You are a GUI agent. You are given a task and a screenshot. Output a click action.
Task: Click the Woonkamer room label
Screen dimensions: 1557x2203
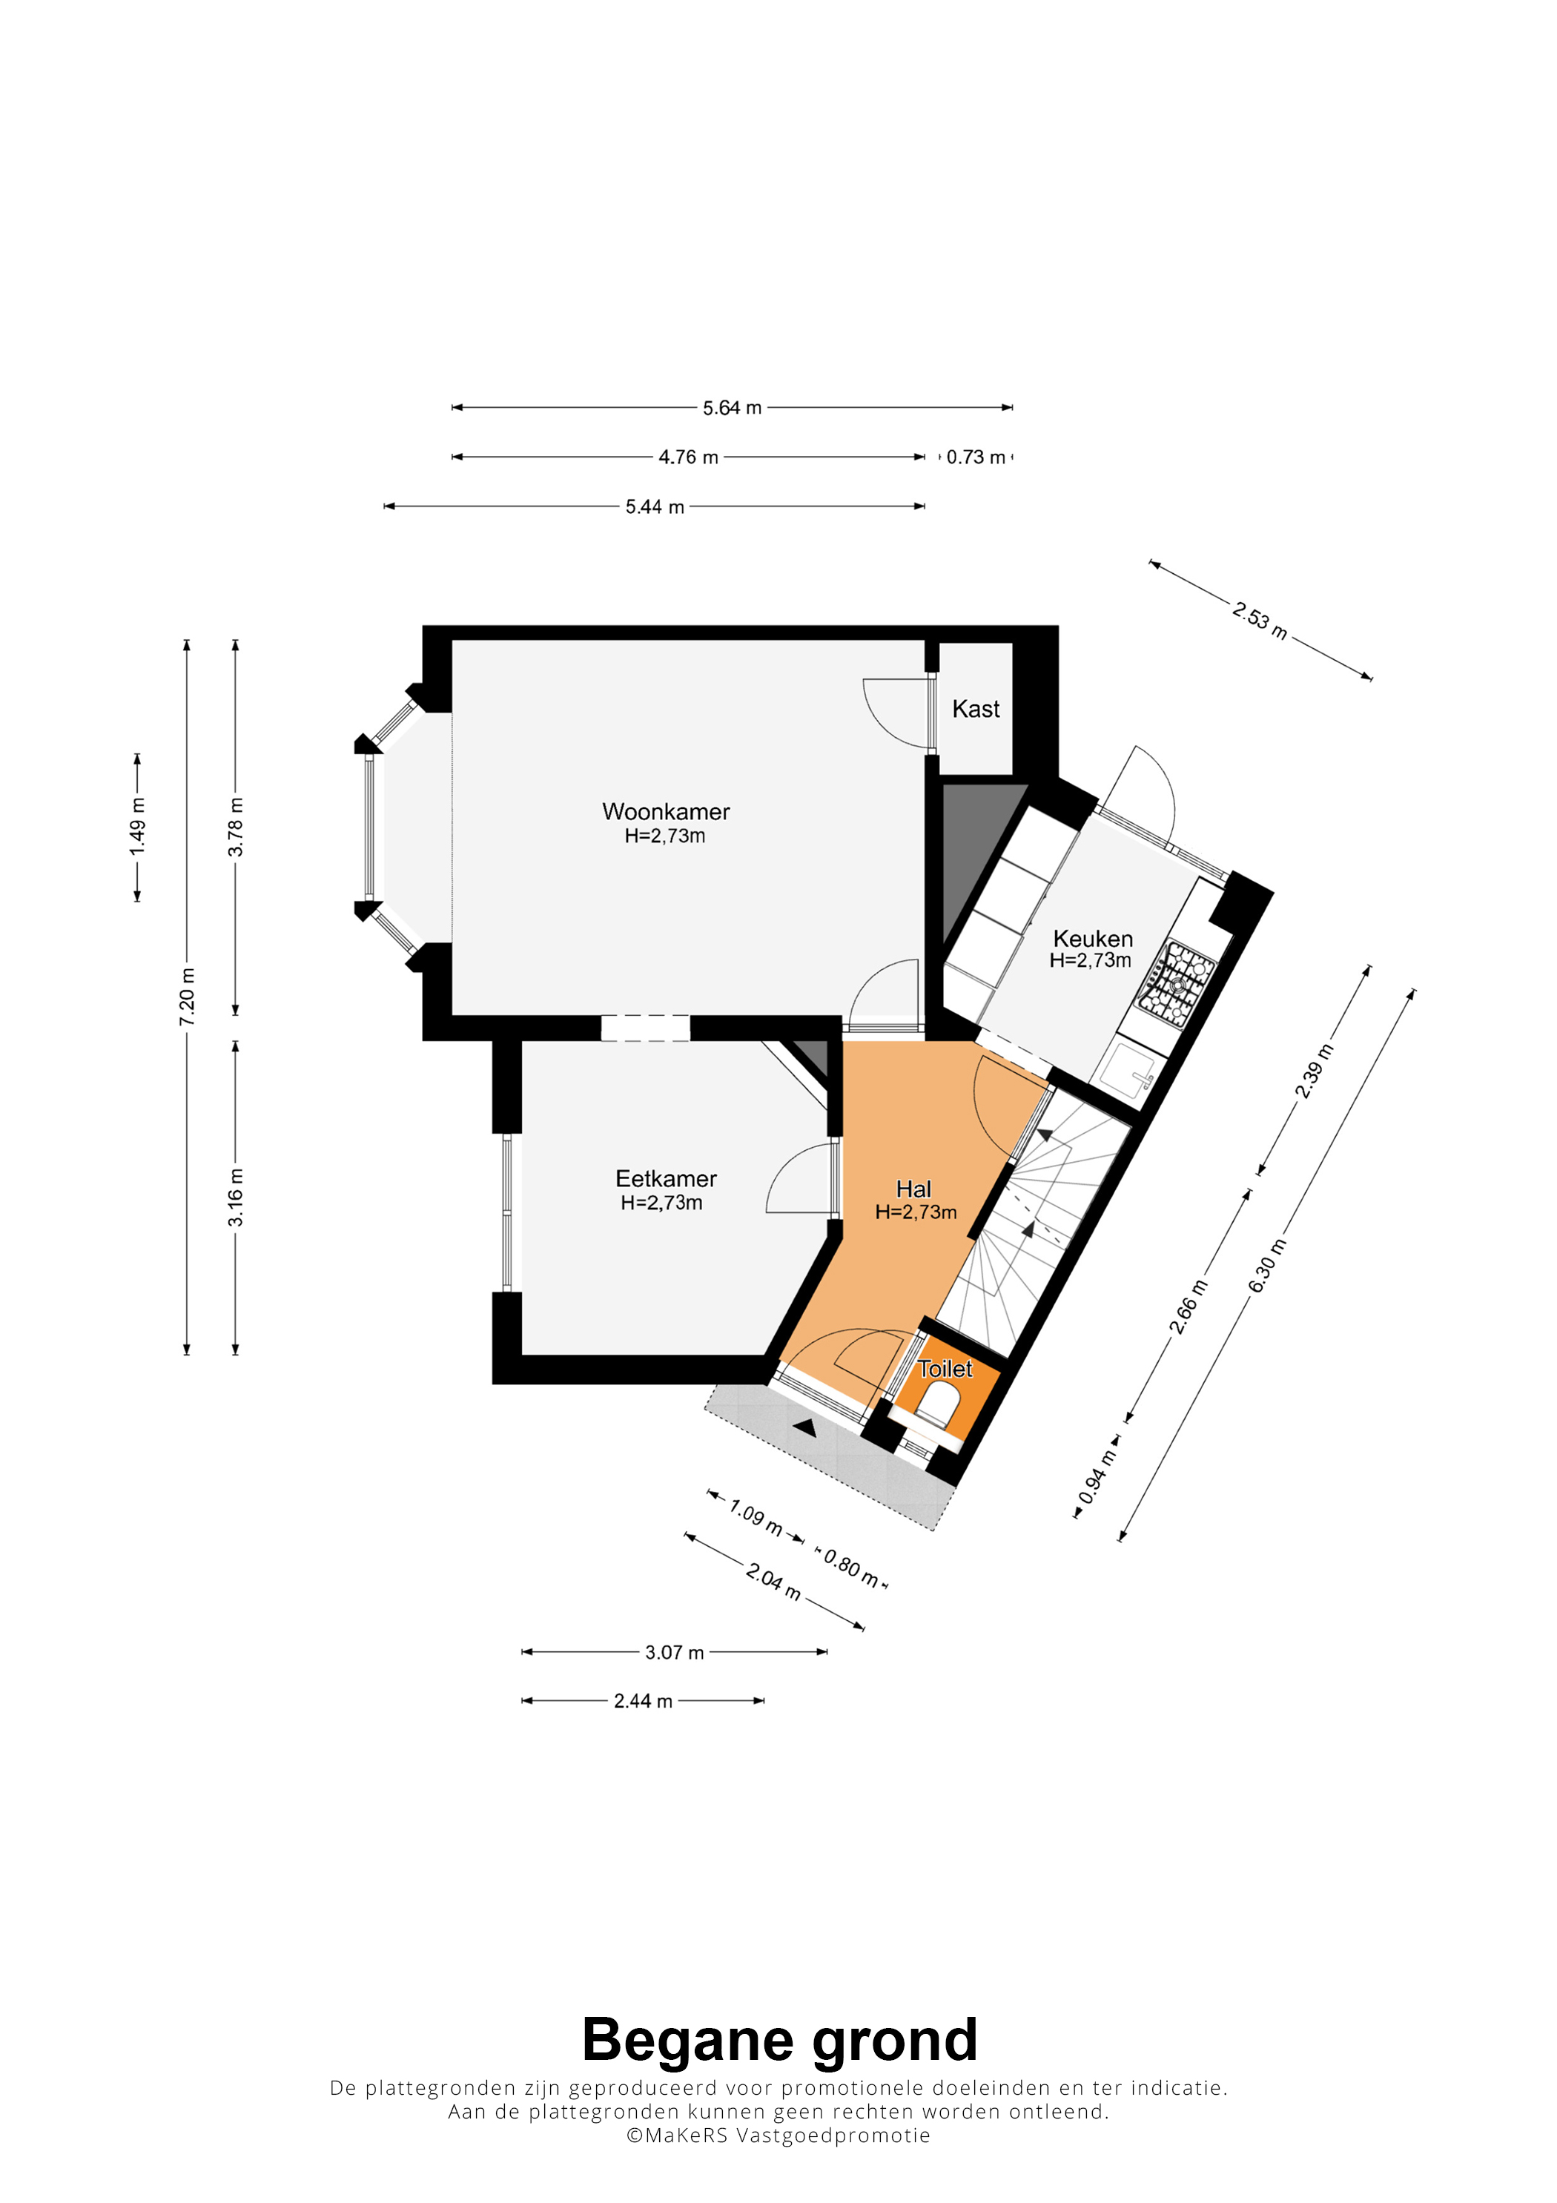coord(666,812)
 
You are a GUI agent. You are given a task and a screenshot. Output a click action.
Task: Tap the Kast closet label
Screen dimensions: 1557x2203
coord(976,709)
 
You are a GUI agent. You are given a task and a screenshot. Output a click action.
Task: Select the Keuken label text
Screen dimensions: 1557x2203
coord(1093,939)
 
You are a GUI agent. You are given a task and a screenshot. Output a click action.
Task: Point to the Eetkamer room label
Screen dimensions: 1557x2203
coord(666,1178)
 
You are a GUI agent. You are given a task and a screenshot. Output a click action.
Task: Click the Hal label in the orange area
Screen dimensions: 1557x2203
coord(913,1189)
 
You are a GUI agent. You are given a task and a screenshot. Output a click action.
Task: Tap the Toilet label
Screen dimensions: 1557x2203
coord(945,1370)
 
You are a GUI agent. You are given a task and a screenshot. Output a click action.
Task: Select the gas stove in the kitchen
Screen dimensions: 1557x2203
coord(1176,983)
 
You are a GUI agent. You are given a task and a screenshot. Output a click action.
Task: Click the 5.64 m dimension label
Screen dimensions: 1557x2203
coord(732,408)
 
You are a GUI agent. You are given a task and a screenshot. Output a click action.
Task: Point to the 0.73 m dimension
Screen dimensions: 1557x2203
coord(976,458)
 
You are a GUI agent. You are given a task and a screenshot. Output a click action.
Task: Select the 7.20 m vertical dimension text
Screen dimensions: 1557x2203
coord(187,997)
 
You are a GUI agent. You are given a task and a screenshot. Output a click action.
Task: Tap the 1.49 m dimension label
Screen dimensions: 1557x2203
coord(138,827)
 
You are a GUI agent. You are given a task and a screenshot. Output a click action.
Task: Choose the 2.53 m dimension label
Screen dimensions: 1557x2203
coord(1260,621)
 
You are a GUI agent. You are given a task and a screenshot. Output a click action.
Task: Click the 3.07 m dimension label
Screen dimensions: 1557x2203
coord(675,1652)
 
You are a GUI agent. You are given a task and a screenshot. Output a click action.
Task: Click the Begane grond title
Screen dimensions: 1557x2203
coord(779,2040)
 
